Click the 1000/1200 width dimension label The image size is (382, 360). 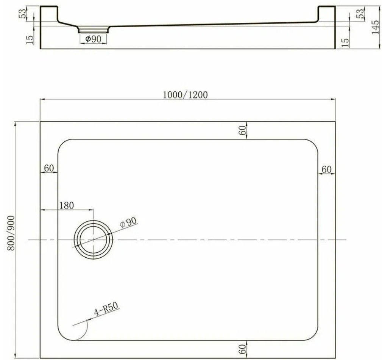pyautogui.click(x=185, y=94)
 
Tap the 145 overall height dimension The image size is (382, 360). pyautogui.click(x=376, y=28)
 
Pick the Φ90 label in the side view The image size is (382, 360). pyautogui.click(x=93, y=39)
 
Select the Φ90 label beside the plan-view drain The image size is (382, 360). pyautogui.click(x=128, y=223)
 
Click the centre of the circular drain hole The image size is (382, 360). pyautogui.click(x=93, y=240)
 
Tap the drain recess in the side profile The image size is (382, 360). pyautogui.click(x=94, y=29)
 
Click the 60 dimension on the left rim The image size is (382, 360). pyautogui.click(x=49, y=168)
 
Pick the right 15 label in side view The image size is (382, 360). pyautogui.click(x=345, y=42)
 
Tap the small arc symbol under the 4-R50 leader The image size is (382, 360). pyautogui.click(x=83, y=330)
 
